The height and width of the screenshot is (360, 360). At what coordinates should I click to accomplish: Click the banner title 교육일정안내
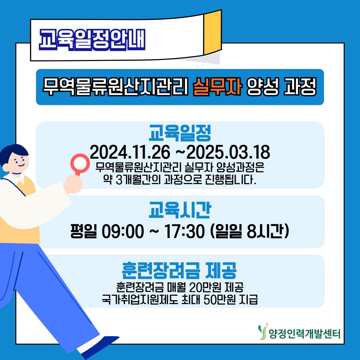coord(92,39)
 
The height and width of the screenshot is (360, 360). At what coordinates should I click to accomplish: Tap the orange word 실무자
coord(217,87)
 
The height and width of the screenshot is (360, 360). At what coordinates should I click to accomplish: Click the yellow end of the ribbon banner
coord(213,32)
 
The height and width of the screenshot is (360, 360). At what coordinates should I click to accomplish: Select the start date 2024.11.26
coord(130,152)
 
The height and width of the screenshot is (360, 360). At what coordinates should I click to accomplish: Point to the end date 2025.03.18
coord(228,152)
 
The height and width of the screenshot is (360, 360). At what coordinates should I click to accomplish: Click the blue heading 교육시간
coord(180,210)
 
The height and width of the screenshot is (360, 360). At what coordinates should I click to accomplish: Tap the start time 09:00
coord(123,231)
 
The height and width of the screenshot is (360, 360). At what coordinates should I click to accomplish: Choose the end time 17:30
coord(184,231)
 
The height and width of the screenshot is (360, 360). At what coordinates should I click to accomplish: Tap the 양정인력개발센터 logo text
coord(304,334)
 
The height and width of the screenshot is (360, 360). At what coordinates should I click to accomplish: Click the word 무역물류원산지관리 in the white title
coord(115,87)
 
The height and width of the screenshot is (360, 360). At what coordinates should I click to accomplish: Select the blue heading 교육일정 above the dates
coord(180,133)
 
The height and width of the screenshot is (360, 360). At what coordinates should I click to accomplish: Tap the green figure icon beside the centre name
coord(263,331)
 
